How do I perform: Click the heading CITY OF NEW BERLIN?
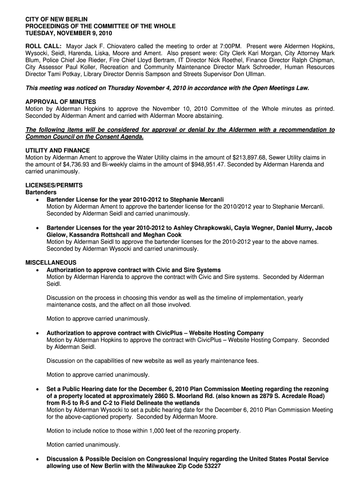pyautogui.click(x=56, y=19)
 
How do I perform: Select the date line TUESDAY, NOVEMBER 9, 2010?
pyautogui.click(x=68, y=34)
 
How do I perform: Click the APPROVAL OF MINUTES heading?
pyautogui.click(x=60, y=102)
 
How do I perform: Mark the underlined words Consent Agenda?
pyautogui.click(x=117, y=137)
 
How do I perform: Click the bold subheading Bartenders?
pyautogui.click(x=41, y=192)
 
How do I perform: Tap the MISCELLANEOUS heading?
pyautogui.click(x=50, y=263)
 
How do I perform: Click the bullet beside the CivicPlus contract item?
pyautogui.click(x=37, y=333)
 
